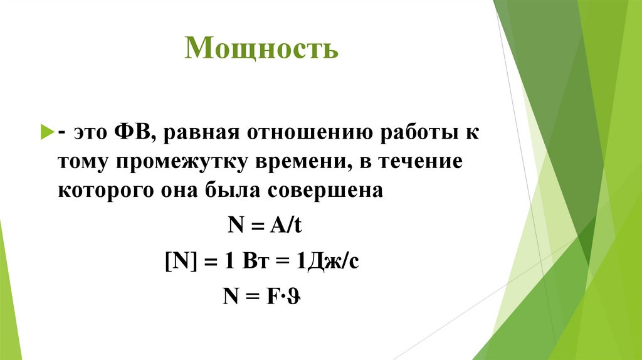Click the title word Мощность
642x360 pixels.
261,48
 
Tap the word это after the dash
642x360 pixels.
88,132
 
